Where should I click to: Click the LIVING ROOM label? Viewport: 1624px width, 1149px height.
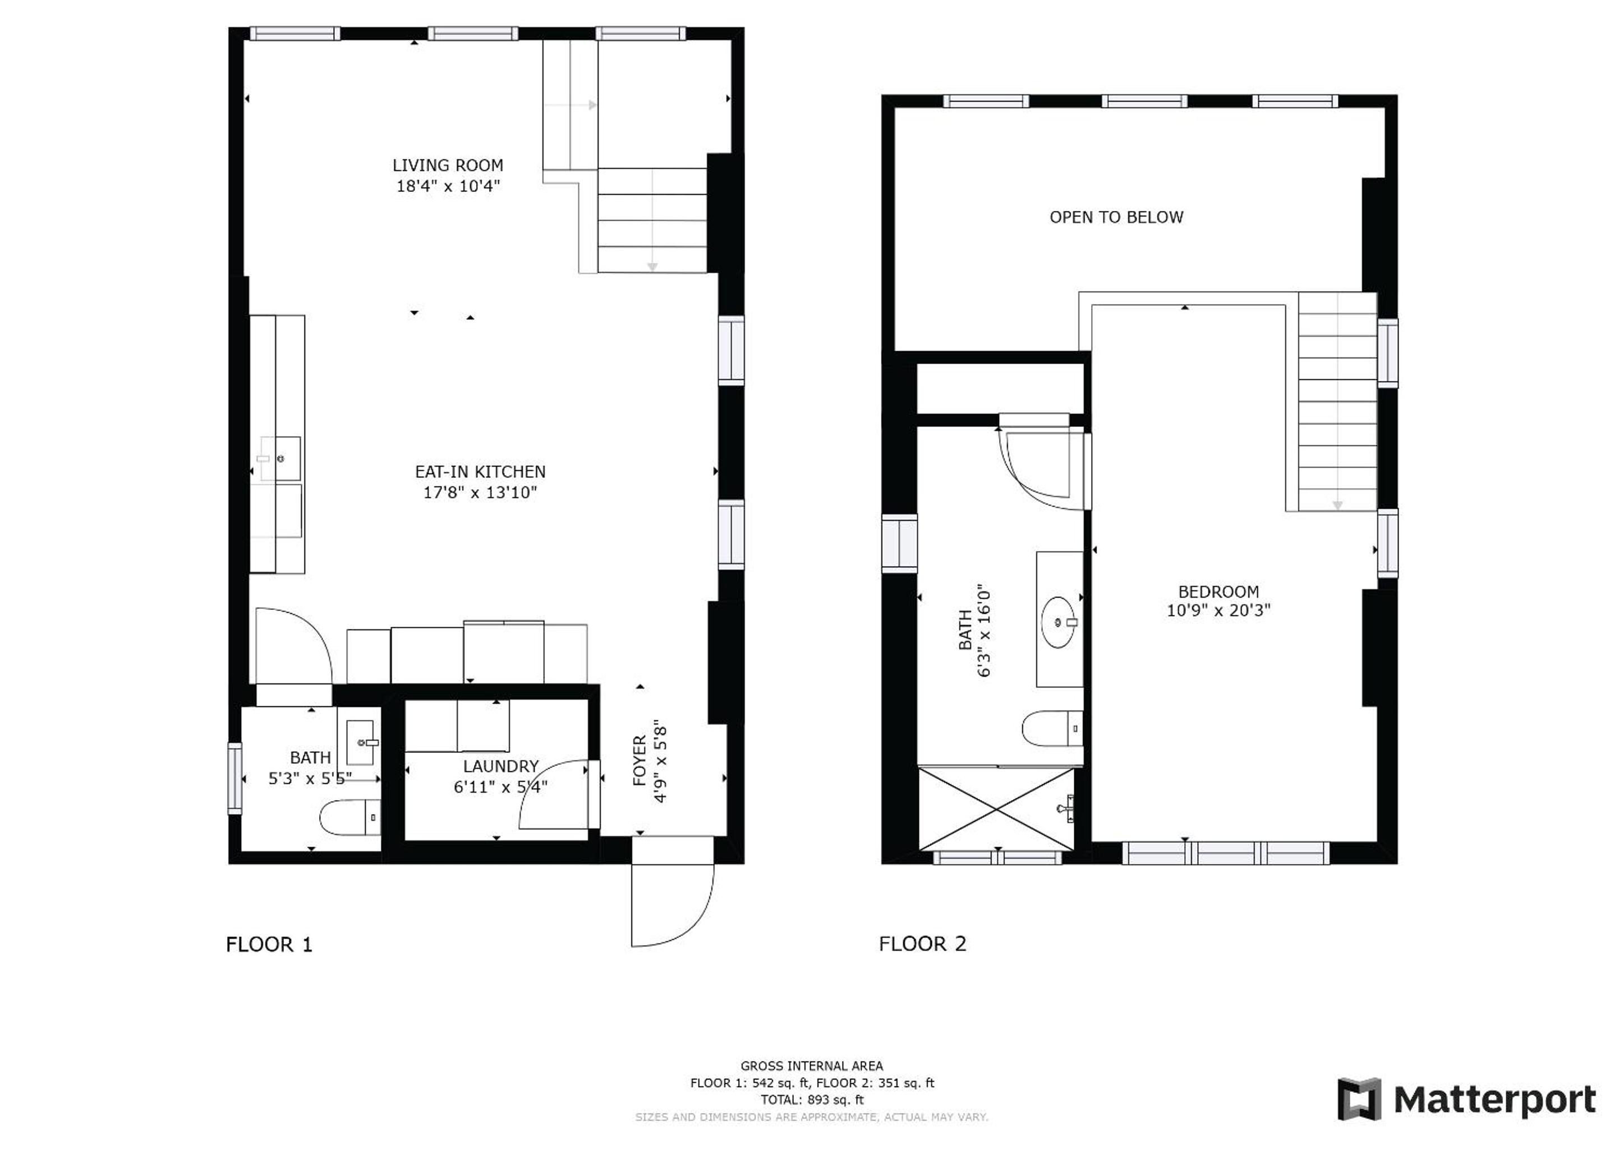pos(448,166)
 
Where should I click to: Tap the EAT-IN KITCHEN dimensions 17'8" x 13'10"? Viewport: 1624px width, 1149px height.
pos(480,493)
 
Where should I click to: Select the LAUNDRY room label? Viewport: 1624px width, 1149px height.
pos(501,766)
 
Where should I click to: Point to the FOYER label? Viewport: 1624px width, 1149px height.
pos(640,761)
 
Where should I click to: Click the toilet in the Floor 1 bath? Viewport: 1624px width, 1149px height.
pos(350,818)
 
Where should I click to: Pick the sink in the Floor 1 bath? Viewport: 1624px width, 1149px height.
pos(361,742)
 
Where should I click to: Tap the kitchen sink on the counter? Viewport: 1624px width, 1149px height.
pos(280,459)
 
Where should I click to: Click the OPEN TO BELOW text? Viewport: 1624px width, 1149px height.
pos(1116,217)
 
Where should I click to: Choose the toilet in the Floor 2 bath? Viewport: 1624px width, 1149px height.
pos(1052,729)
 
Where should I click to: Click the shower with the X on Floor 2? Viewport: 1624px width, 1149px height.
pos(996,808)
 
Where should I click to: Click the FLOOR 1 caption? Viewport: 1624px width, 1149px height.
pos(269,945)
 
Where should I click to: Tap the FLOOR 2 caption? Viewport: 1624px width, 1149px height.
pos(922,944)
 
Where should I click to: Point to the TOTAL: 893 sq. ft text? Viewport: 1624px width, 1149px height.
pos(812,1100)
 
